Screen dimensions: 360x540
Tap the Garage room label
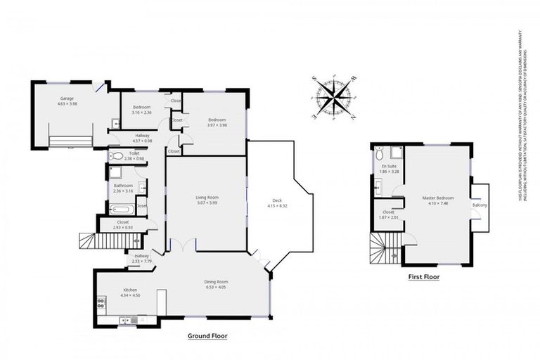[67, 98]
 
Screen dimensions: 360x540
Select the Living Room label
[207, 198]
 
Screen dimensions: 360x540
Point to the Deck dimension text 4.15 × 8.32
[278, 206]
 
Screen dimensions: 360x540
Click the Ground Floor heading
[207, 336]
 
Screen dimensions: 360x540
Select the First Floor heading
[423, 277]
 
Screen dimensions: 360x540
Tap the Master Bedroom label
[437, 198]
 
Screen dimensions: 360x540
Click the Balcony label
[480, 205]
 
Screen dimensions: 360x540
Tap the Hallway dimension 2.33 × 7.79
[136, 262]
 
